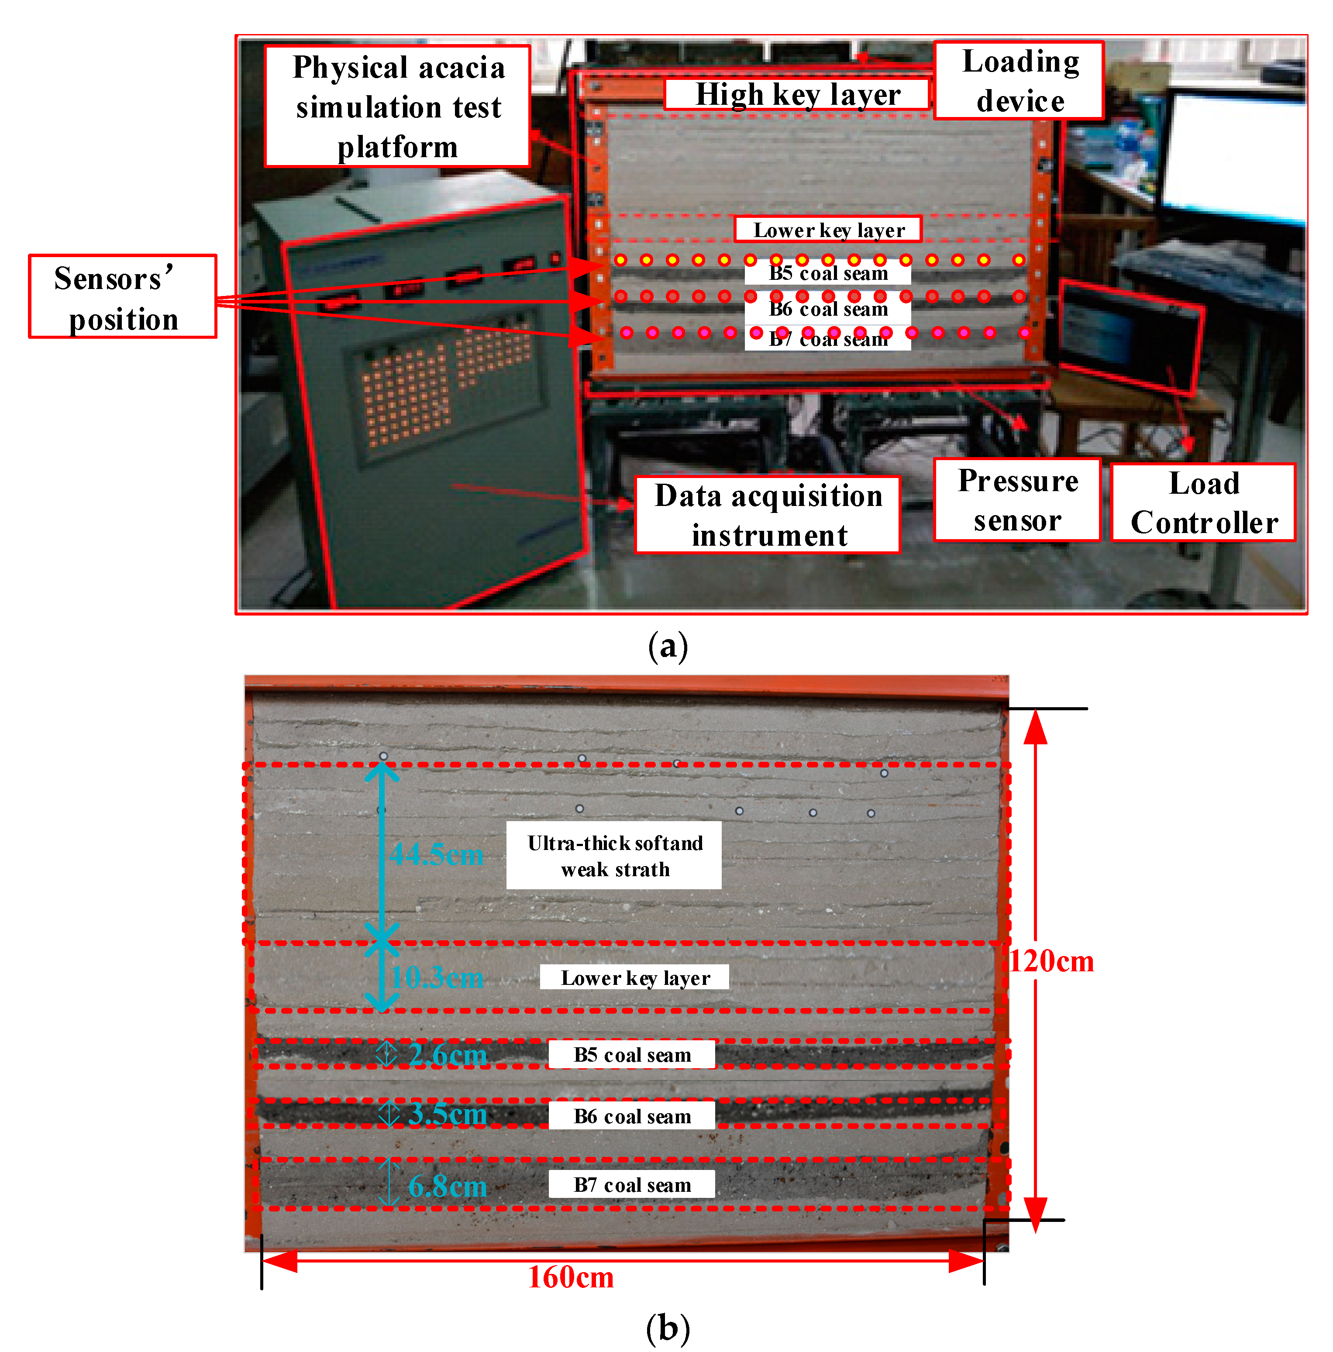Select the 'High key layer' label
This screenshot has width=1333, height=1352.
click(x=796, y=94)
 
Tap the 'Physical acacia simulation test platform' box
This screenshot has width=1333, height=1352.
click(x=397, y=107)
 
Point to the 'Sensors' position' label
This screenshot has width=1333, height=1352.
click(x=122, y=297)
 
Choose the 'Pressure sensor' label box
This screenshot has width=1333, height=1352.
click(x=1017, y=500)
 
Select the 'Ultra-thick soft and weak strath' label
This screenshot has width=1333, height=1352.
click(x=614, y=855)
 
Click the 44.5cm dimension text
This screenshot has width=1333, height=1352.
click(x=436, y=854)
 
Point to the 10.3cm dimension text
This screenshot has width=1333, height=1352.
click(x=436, y=977)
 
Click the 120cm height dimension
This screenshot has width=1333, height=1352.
click(x=1051, y=962)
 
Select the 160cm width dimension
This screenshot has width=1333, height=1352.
click(x=570, y=1277)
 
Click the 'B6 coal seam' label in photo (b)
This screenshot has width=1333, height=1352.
click(x=631, y=1116)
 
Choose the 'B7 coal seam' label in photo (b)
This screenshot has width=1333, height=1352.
click(x=631, y=1185)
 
